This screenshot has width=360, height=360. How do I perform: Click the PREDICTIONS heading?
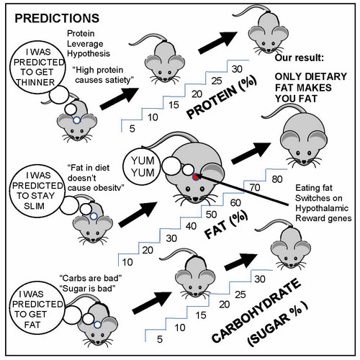pyautogui.click(x=57, y=18)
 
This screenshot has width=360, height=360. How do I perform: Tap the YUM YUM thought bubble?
pyautogui.click(x=143, y=167)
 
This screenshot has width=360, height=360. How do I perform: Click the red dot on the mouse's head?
pyautogui.click(x=196, y=177)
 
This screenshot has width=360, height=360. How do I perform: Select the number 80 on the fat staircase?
pyautogui.click(x=277, y=179)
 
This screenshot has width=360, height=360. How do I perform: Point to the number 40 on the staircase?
pyautogui.click(x=191, y=226)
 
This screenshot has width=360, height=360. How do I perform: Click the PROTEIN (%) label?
pyautogui.click(x=222, y=97)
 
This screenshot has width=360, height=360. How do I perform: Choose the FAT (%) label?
pyautogui.click(x=226, y=225)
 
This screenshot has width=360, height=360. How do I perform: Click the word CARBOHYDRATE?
pyautogui.click(x=256, y=311)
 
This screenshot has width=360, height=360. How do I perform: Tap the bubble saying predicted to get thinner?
pyautogui.click(x=37, y=67)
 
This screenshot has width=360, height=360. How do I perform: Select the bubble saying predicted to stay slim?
pyautogui.click(x=37, y=191)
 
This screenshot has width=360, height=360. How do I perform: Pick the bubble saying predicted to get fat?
pyautogui.click(x=37, y=310)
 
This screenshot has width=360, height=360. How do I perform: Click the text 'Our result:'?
pyautogui.click(x=299, y=58)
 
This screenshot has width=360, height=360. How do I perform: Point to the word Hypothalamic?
pyautogui.click(x=322, y=208)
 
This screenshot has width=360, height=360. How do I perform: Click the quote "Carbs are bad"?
pyautogui.click(x=91, y=279)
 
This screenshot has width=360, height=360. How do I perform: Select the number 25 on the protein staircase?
pyautogui.click(x=217, y=81)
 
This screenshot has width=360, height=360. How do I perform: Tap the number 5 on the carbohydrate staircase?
pyautogui.click(x=160, y=339)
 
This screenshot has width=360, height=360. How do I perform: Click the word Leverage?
pyautogui.click(x=85, y=44)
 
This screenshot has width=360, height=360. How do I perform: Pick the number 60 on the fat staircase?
pyautogui.click(x=235, y=203)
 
